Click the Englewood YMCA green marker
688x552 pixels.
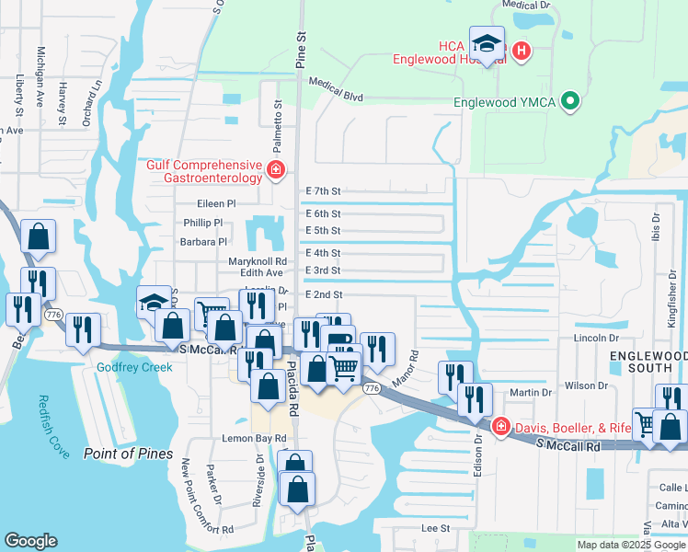coord(570,102)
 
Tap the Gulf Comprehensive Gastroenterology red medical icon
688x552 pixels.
coord(274,170)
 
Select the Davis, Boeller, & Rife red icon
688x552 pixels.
coord(500,426)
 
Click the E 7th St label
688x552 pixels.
coord(323,191)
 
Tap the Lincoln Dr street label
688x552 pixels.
coord(574,339)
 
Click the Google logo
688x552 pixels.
coord(31,541)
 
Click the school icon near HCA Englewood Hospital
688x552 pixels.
coord(487,42)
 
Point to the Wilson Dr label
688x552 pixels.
coord(580,386)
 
